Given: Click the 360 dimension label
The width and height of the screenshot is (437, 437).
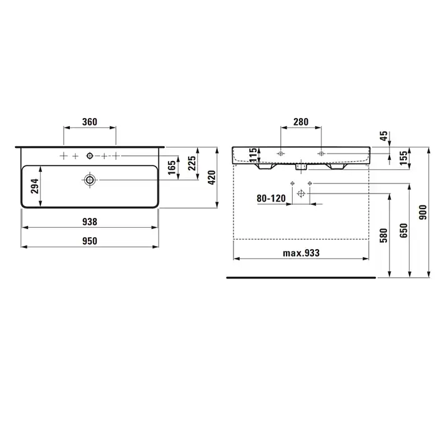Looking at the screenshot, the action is (x=90, y=122).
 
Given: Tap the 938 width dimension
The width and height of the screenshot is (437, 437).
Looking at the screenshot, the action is (x=90, y=222).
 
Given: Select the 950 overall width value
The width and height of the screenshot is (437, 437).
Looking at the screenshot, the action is (x=90, y=241).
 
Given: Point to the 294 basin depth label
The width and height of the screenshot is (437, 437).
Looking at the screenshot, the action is (x=35, y=186).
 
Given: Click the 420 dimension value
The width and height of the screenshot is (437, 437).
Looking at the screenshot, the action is (x=212, y=177).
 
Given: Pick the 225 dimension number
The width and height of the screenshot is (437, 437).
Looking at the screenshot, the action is (x=192, y=163).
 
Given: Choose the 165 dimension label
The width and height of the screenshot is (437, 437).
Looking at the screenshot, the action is (x=172, y=167).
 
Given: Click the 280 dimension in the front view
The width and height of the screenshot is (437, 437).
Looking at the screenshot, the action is (x=301, y=122).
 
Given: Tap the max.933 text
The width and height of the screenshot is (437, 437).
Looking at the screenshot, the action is (x=302, y=253).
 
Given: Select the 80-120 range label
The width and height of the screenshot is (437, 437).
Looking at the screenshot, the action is (x=271, y=199).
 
